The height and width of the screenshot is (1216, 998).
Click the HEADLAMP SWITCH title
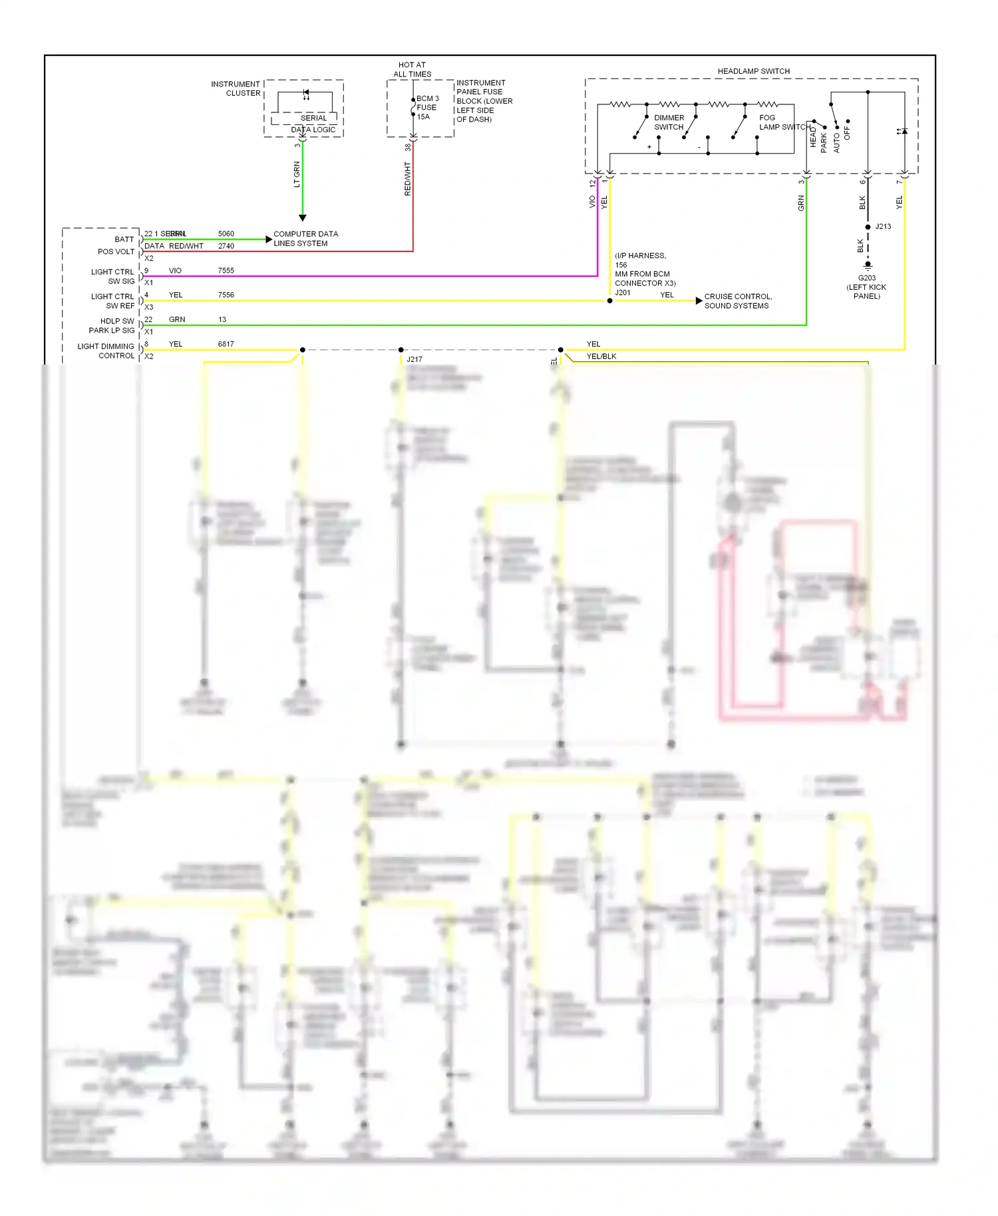[753, 71]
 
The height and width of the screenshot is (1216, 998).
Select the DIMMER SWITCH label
[669, 122]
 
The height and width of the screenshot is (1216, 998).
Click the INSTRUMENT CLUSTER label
[236, 88]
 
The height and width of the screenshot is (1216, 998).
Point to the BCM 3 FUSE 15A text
[426, 107]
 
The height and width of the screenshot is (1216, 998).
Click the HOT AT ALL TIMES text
[412, 70]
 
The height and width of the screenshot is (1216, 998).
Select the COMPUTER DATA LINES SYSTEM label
[305, 239]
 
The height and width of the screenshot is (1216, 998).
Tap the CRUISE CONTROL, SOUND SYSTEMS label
[738, 301]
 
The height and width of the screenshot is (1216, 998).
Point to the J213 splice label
[883, 227]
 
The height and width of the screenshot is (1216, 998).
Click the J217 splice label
[415, 359]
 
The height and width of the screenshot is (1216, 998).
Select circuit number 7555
[226, 271]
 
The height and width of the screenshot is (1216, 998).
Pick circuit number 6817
[226, 344]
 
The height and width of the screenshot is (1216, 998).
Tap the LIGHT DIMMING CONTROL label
[106, 351]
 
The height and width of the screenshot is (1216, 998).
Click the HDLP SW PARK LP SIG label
[111, 326]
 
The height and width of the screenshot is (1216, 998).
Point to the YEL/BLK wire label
[601, 357]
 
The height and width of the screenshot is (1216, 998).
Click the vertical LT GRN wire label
[297, 174]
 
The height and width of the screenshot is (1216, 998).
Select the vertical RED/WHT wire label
[408, 178]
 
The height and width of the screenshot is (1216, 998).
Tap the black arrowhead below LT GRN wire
[302, 218]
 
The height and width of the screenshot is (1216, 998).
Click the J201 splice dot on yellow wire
[609, 301]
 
